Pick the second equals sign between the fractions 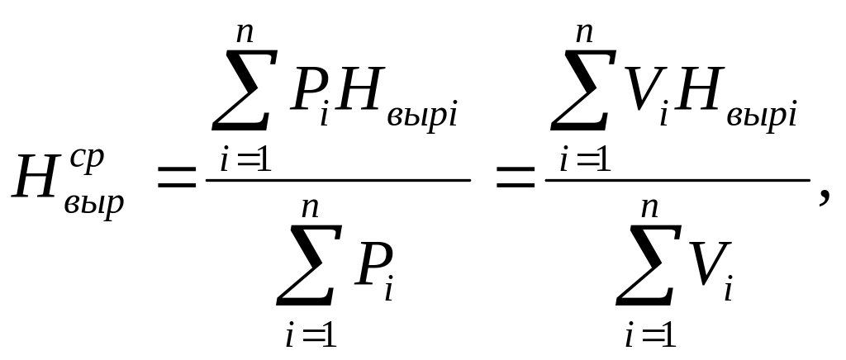coord(516,178)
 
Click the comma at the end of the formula coord(825,197)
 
